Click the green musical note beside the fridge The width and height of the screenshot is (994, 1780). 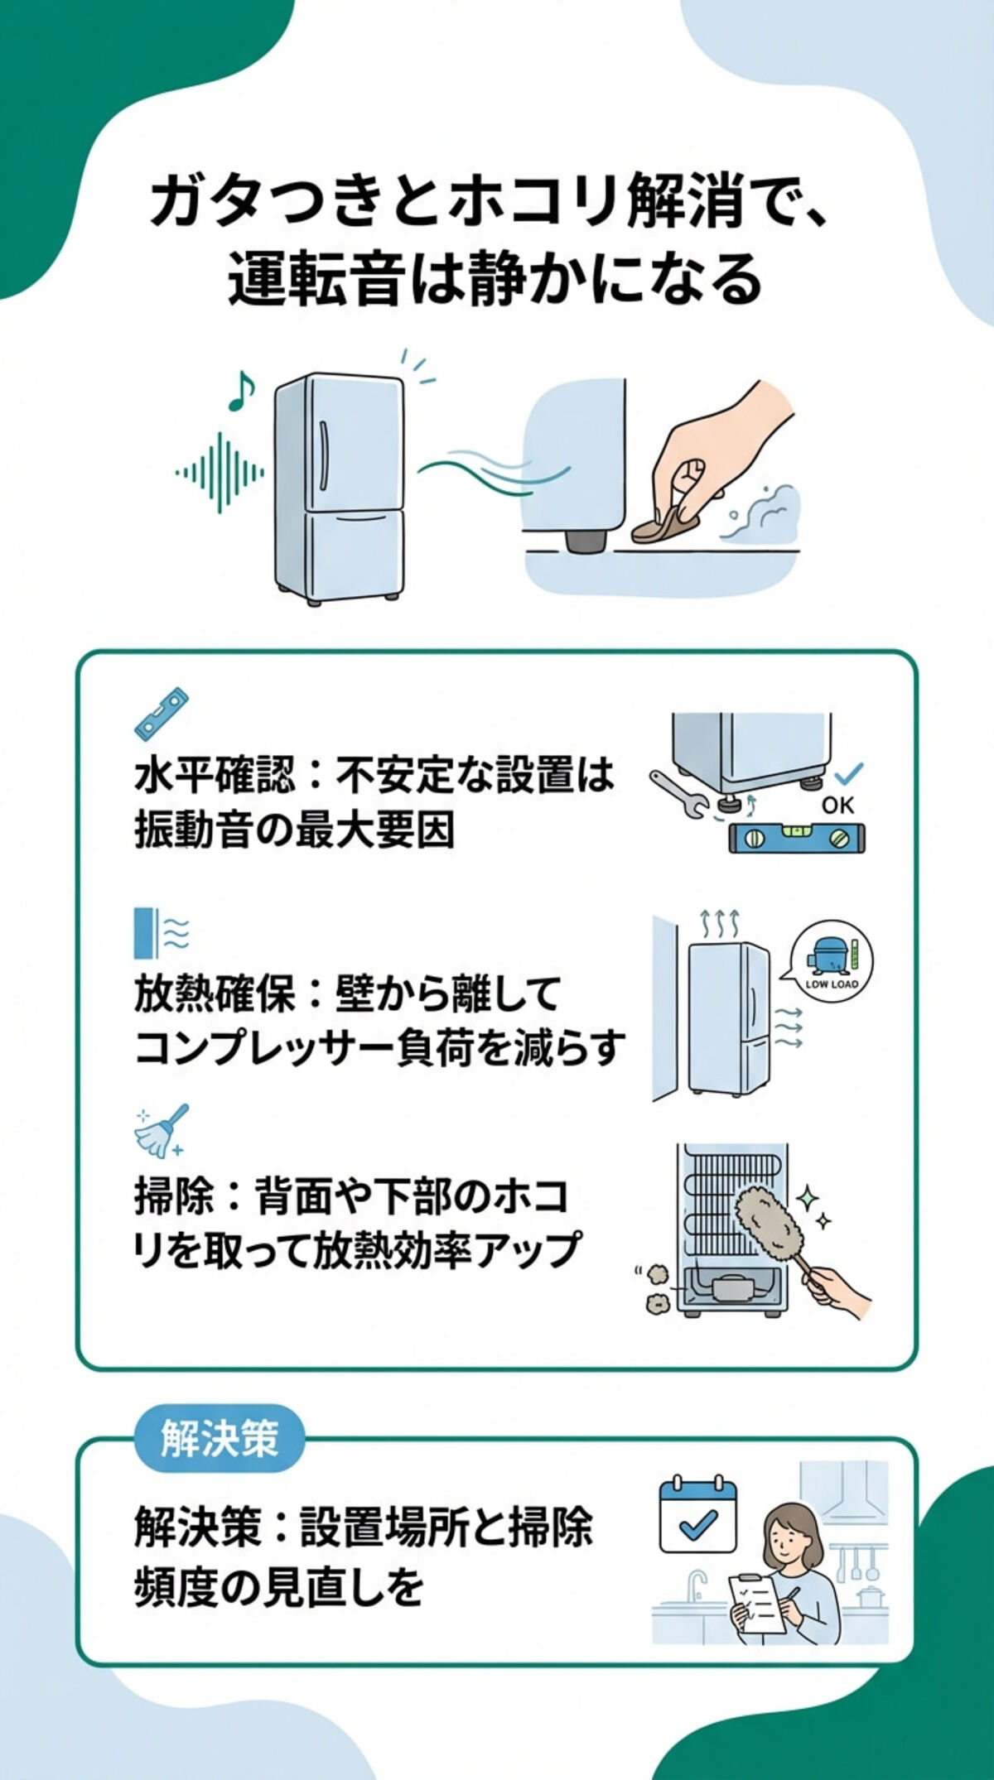240,392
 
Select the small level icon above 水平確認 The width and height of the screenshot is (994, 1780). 161,714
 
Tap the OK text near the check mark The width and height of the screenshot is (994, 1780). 837,805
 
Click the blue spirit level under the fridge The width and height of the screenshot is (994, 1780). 797,838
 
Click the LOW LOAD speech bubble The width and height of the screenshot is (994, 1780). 831,965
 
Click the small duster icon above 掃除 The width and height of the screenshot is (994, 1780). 162,1131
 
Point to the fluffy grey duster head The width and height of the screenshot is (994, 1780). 768,1222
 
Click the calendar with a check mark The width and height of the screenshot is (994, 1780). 697,1517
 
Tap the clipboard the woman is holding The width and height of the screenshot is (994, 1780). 755,1604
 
